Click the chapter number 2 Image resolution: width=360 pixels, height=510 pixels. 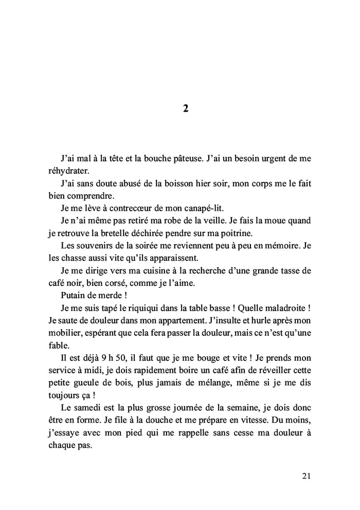186,108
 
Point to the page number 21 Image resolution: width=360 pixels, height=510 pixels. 306,476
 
